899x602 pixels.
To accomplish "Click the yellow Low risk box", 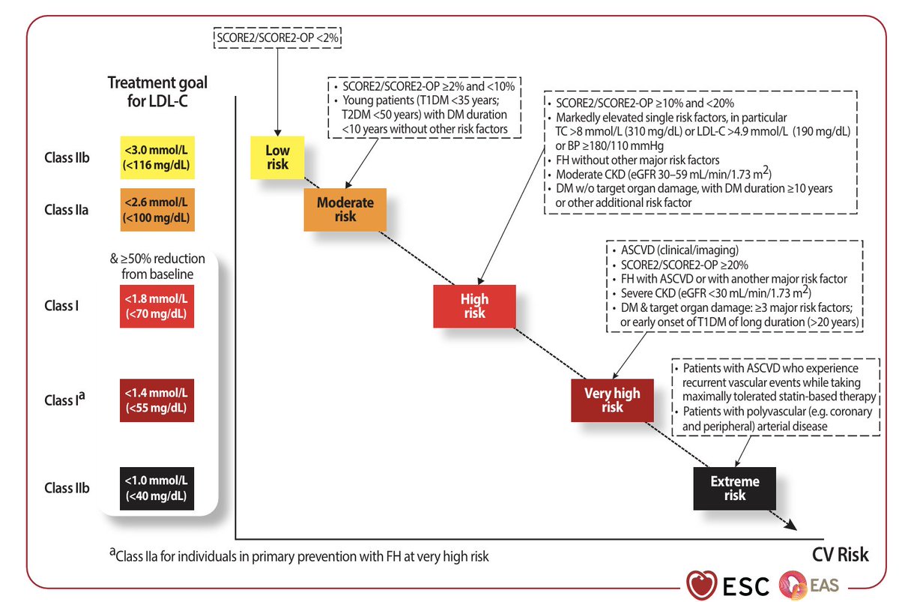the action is coord(277,157).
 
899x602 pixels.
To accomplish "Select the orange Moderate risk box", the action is coord(345,210).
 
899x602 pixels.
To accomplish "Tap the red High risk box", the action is coord(474,306).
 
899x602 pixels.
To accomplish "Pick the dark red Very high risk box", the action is coord(612,400).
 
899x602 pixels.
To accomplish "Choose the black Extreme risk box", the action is coord(734,488).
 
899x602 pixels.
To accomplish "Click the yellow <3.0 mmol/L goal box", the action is coord(157,157).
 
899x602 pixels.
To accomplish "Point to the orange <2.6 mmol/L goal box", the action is coord(157,210).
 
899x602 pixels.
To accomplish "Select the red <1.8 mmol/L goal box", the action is coord(157,306).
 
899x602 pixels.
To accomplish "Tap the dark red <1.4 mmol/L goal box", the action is coord(157,400).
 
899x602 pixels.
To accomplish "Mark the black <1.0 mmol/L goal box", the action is coord(157,488).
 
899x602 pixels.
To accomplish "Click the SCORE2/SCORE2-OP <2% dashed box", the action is coord(277,37).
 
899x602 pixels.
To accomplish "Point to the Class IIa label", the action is coord(66,210).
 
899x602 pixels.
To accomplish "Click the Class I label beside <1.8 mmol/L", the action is coord(61,306).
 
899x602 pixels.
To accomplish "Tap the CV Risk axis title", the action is coord(840,555).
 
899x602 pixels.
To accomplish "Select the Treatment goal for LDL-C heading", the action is coord(157,91).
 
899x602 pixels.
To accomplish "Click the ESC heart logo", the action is coord(701,585).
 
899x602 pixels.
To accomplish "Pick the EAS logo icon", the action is coord(793,585).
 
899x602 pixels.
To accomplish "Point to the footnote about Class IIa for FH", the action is coord(299,556).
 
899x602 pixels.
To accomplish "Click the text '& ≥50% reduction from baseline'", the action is coord(157,266).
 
